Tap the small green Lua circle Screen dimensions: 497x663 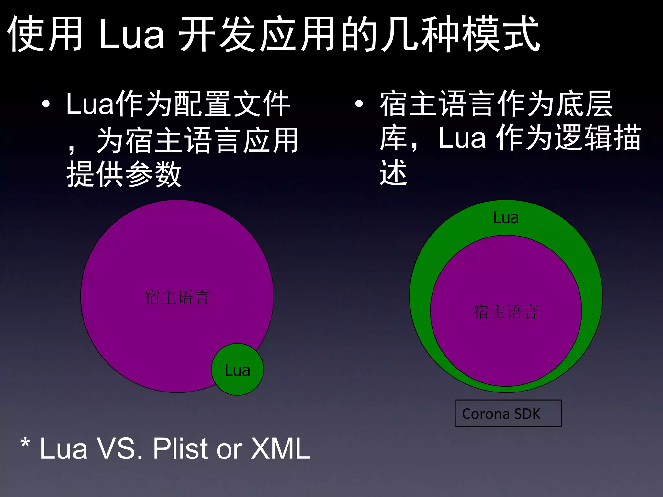(x=237, y=370)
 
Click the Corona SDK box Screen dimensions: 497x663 (x=508, y=414)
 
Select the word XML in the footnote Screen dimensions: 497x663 (x=280, y=448)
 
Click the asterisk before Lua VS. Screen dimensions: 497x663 (x=25, y=443)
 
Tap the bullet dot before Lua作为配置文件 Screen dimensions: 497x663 (x=46, y=104)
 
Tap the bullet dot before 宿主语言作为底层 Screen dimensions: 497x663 (x=359, y=104)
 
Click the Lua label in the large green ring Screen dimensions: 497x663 (x=506, y=217)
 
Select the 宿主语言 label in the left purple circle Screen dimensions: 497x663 (x=177, y=297)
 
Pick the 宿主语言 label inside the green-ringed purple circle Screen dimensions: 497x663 (x=506, y=312)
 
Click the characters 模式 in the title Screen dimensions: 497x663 (x=500, y=34)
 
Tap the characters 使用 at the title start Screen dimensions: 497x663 (x=45, y=34)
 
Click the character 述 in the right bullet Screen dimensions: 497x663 (x=393, y=173)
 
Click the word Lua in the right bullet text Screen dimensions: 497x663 (x=462, y=138)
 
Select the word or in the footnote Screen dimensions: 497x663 (x=230, y=449)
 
